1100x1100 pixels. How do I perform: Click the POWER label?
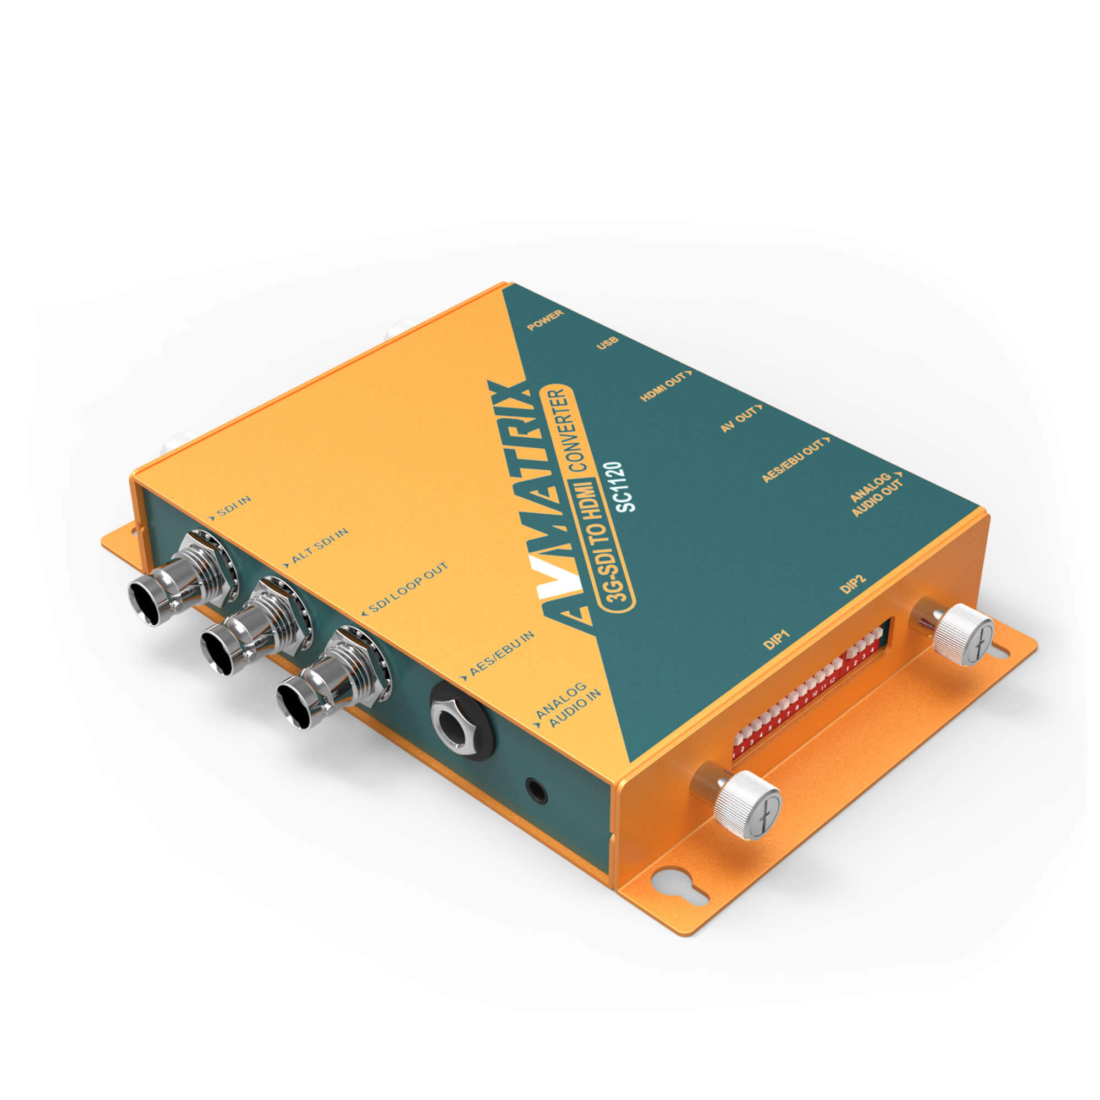pos(545,321)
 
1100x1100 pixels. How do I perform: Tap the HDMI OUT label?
pos(665,386)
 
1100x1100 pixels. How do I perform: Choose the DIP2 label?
pos(854,585)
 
